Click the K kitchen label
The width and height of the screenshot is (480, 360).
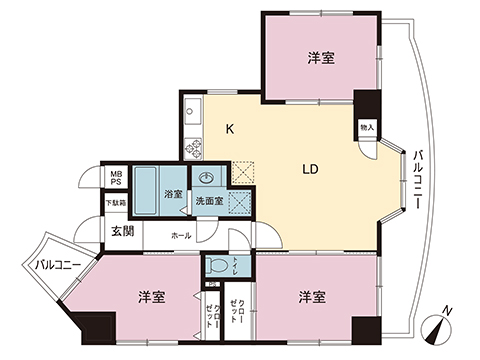pyautogui.click(x=229, y=128)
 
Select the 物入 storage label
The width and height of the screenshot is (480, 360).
pyautogui.click(x=368, y=128)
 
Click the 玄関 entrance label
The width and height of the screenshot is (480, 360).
pyautogui.click(x=123, y=231)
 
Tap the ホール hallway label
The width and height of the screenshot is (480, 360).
pyautogui.click(x=180, y=235)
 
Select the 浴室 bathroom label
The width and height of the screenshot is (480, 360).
pyautogui.click(x=173, y=194)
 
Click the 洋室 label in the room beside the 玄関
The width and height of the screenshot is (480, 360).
pyautogui.click(x=151, y=297)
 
